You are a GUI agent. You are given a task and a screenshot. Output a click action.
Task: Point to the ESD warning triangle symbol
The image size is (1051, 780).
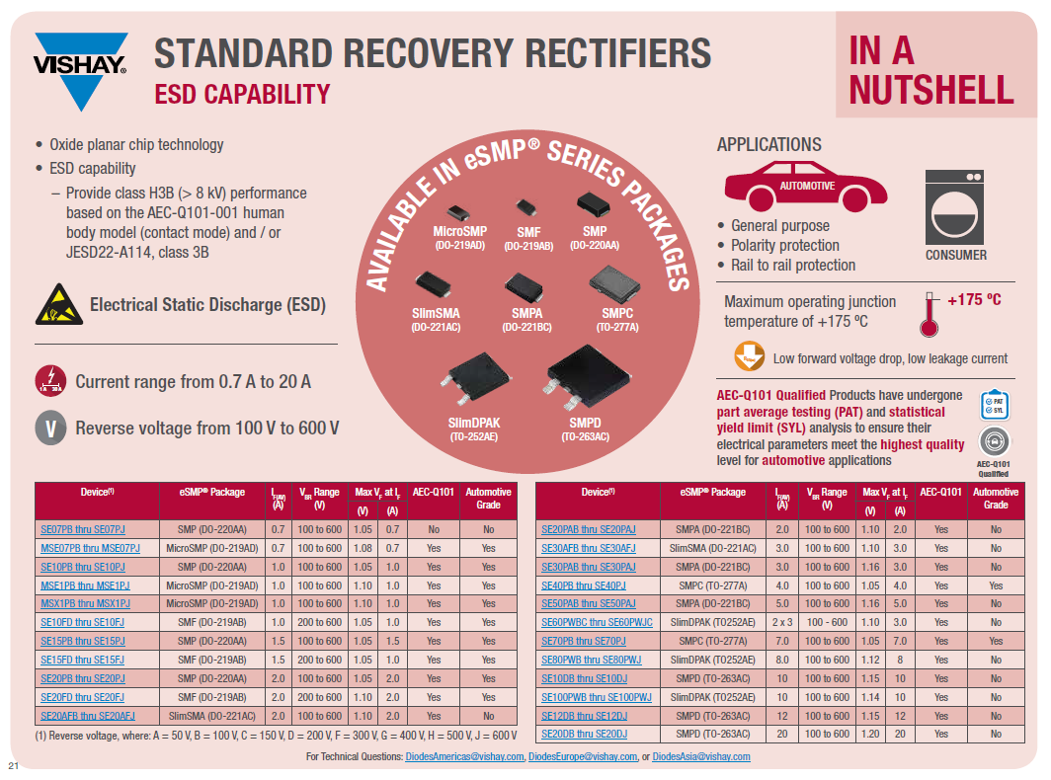[56, 304]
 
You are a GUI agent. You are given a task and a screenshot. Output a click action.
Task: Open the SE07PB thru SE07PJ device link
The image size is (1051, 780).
[83, 529]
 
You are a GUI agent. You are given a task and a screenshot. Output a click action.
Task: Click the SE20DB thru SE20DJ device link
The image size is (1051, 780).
[585, 734]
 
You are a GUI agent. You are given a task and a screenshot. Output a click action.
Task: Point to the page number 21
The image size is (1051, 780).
[14, 767]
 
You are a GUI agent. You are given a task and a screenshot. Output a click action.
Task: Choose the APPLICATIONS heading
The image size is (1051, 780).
[769, 145]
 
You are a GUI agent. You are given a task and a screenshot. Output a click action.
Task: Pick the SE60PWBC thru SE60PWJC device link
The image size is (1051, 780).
[597, 622]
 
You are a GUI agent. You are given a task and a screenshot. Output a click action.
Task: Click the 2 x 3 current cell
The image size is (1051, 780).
[782, 622]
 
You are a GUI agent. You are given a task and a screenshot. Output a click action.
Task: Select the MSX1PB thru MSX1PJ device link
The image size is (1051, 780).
[85, 603]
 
